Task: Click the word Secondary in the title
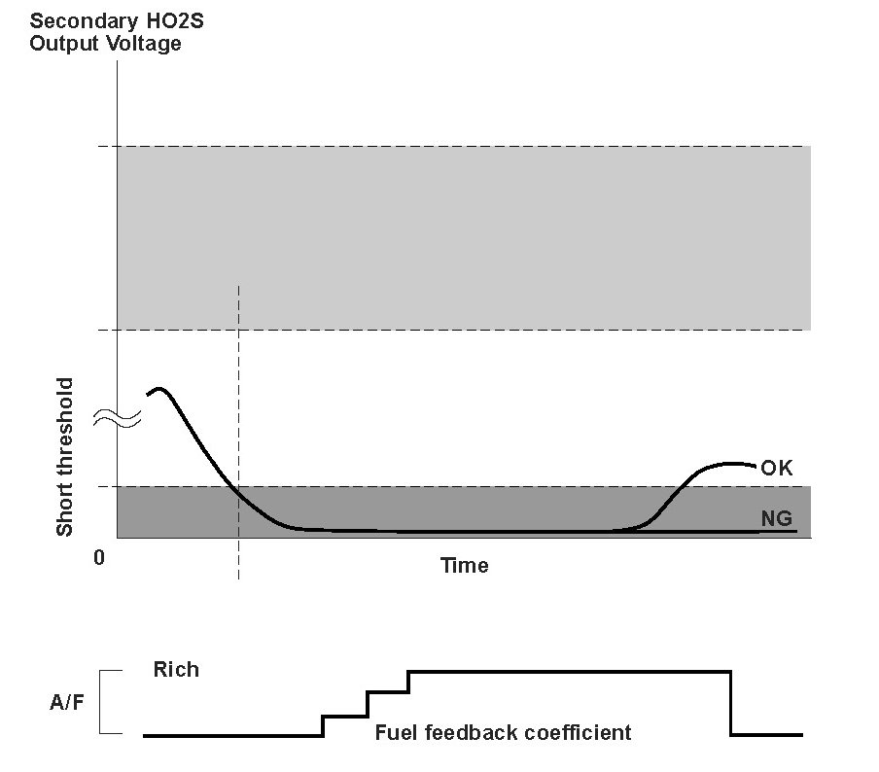coord(74,21)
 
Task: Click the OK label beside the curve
coord(777,469)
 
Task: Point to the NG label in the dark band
coord(776,518)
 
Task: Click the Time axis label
coord(464,565)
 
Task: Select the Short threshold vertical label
coord(65,458)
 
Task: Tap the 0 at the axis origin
coord(99,558)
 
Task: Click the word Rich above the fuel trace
coord(176,669)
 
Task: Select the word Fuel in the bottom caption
coord(394,732)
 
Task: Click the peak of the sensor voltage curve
coord(160,389)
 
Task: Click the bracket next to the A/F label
coord(110,701)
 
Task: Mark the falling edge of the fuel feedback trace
coord(730,702)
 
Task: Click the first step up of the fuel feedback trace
coord(323,725)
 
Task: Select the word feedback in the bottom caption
coord(464,732)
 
